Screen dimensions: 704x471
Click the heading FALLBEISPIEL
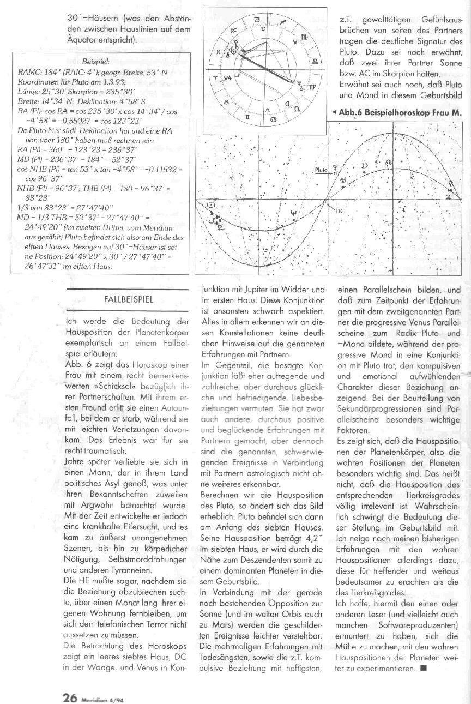pos(128,299)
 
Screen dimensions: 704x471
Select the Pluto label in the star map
pos(322,170)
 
